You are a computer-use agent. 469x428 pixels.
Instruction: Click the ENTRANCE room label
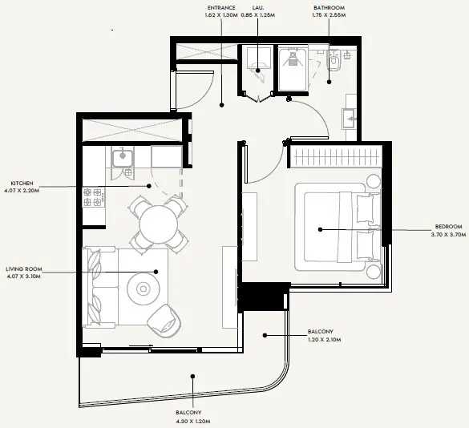pyautogui.click(x=222, y=8)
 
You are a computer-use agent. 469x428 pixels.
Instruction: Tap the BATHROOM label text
pyautogui.click(x=329, y=8)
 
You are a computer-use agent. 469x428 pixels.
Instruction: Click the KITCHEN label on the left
pyautogui.click(x=21, y=181)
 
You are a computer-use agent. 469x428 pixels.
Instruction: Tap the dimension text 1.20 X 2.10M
pyautogui.click(x=325, y=340)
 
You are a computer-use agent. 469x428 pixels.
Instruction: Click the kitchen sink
pyautogui.click(x=123, y=157)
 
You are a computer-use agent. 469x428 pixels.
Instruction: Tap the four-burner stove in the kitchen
pyautogui.click(x=93, y=197)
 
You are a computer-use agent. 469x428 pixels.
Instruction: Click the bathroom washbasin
pyautogui.click(x=350, y=119)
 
